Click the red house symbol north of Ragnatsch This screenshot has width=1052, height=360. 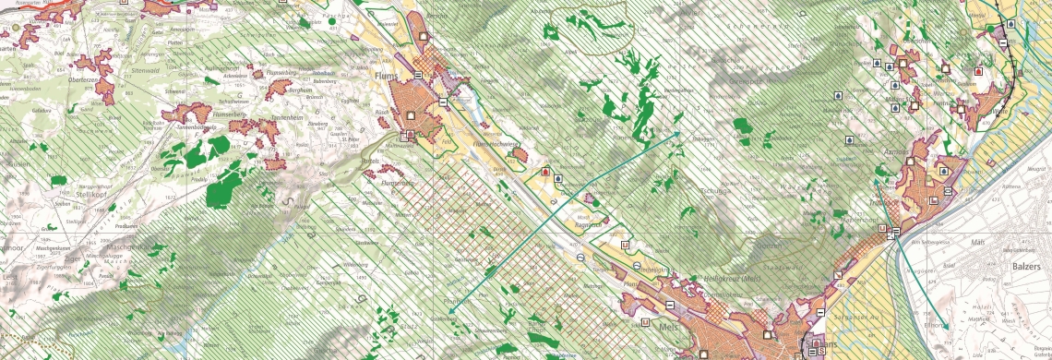pyautogui.click(x=545, y=172)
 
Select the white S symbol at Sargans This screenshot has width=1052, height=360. pyautogui.click(x=820, y=352)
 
